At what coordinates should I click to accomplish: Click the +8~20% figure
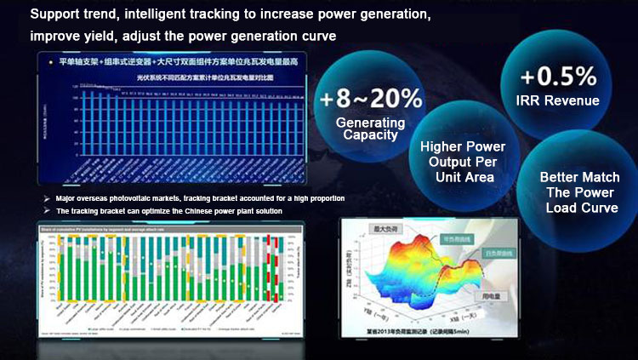[x=371, y=98]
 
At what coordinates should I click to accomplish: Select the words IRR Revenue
[x=560, y=101]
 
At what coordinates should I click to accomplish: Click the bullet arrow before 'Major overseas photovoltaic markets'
[x=46, y=198]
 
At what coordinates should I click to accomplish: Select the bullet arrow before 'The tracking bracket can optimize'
[x=46, y=210]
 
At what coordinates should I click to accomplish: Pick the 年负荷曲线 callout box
[x=456, y=239]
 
